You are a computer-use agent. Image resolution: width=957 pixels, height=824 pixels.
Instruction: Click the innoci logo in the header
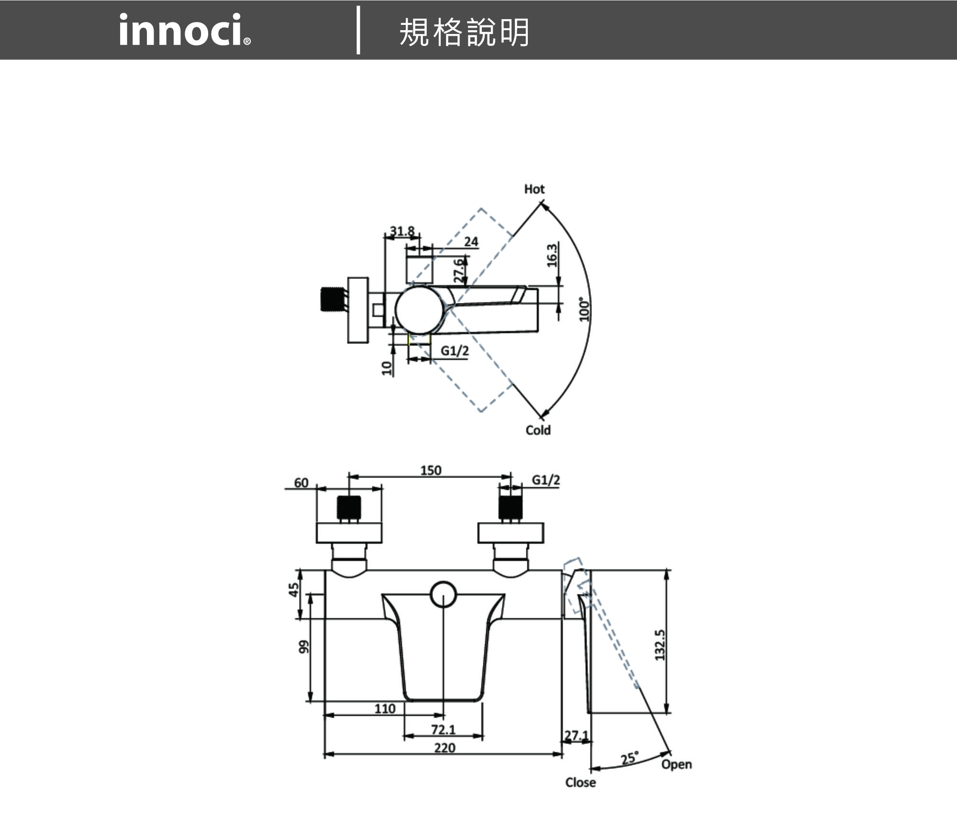click(184, 30)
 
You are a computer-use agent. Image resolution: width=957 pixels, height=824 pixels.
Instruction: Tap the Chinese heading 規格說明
click(464, 33)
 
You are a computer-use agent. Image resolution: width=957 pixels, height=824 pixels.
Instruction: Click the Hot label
click(534, 189)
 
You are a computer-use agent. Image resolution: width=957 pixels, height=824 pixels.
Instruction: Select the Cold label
click(538, 430)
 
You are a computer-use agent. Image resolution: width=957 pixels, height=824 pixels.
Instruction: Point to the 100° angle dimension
click(584, 310)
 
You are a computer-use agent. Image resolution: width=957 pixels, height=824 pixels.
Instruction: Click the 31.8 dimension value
click(402, 231)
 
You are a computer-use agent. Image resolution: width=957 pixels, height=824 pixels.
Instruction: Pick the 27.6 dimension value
click(458, 271)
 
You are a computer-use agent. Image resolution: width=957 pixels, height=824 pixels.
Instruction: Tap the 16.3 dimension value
click(552, 255)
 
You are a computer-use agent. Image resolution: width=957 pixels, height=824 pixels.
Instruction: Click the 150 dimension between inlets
click(431, 470)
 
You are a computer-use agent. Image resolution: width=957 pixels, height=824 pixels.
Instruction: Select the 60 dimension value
click(301, 483)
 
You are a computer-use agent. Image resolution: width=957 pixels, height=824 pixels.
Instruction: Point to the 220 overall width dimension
click(445, 748)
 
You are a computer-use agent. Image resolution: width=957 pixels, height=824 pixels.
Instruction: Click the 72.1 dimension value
click(443, 730)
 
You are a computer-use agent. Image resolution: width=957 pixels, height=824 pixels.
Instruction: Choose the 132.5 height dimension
click(660, 645)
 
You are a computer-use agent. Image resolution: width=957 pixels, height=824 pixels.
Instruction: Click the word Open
click(676, 765)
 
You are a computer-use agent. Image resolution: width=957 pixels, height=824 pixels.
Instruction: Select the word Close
click(580, 782)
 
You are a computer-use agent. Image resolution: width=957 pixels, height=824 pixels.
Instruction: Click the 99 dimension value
click(303, 646)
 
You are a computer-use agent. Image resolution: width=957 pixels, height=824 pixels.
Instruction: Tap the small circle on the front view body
click(443, 595)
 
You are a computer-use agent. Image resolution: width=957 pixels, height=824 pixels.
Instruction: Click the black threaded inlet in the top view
click(332, 299)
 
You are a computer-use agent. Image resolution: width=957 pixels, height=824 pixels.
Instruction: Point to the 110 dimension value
click(385, 709)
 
